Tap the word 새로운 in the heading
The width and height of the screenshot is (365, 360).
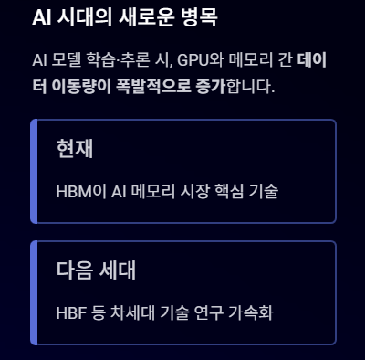point(147,17)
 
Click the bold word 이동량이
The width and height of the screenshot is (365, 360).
point(81,87)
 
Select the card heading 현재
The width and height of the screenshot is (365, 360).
point(75,149)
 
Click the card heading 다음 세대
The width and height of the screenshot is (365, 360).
point(96,270)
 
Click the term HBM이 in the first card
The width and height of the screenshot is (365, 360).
point(81,192)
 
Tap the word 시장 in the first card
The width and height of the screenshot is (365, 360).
point(194,192)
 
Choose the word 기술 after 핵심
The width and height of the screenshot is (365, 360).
point(264,192)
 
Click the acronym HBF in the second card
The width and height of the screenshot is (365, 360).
point(71,313)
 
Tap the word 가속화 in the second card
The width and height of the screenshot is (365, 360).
point(251,313)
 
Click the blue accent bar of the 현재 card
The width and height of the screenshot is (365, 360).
point(34,171)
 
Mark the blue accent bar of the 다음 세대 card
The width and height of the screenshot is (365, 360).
point(34,292)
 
